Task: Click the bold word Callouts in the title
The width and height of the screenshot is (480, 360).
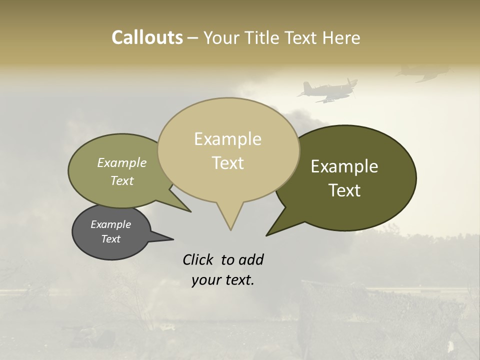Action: [147, 37]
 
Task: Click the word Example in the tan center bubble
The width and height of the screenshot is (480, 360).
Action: [227, 139]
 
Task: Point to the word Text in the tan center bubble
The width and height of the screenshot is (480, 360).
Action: [228, 163]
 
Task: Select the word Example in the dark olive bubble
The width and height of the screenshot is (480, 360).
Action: [344, 166]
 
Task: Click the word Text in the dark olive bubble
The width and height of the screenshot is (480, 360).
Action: [344, 190]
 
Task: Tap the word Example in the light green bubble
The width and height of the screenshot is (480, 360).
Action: [122, 162]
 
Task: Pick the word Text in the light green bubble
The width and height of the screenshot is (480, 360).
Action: [122, 180]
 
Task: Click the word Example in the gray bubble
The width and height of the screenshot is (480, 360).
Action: [110, 224]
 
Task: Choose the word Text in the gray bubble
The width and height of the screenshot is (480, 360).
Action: [110, 239]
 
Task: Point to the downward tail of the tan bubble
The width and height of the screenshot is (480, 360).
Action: [230, 220]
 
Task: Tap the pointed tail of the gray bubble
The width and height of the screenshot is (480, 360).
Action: [162, 237]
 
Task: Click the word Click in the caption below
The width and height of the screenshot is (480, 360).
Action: [199, 259]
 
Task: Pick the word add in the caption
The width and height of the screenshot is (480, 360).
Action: [250, 259]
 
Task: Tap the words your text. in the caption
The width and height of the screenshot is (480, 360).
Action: [222, 280]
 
